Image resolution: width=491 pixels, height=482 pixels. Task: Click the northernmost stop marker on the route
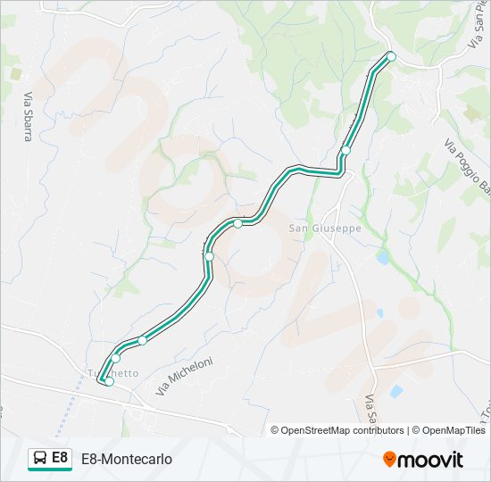tap(390, 56)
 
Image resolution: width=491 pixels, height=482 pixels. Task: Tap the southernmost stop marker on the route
tap(110, 381)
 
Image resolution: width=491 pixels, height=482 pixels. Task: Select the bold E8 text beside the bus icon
tap(60, 458)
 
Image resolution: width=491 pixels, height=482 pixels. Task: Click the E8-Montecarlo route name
tap(127, 459)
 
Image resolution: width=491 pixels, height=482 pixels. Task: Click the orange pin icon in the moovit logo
tap(389, 460)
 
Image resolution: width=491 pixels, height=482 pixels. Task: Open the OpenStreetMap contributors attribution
tap(342, 430)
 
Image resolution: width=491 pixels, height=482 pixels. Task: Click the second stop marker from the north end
tap(345, 150)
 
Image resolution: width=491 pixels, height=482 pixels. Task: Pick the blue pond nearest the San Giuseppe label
tap(383, 257)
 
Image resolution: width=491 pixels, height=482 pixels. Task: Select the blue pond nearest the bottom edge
tap(395, 390)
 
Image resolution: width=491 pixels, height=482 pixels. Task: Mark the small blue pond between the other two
tap(379, 313)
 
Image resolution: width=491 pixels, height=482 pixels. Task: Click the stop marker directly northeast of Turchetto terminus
tap(116, 358)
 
